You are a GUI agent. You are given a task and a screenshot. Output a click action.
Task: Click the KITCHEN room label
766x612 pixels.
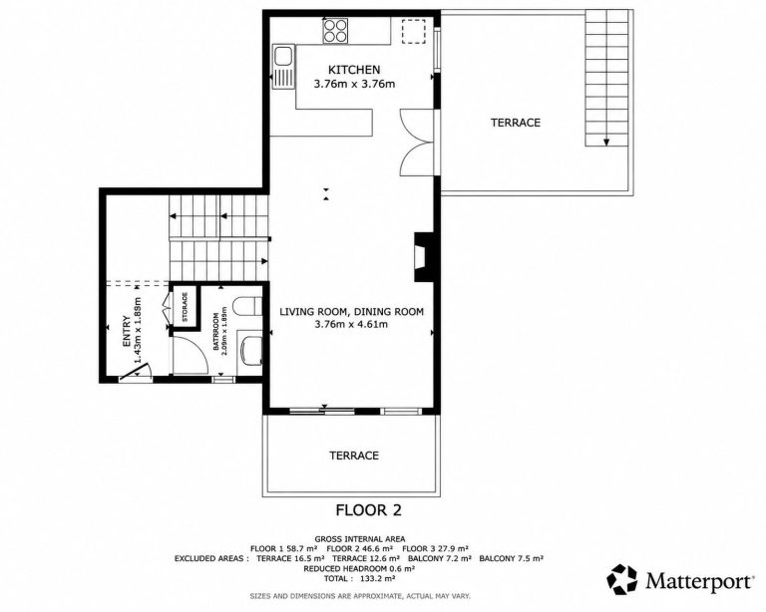tap(354, 70)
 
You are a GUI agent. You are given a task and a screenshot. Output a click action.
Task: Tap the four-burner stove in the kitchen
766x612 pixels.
tap(335, 30)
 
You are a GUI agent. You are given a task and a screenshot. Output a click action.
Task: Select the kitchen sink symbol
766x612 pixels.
tap(283, 67)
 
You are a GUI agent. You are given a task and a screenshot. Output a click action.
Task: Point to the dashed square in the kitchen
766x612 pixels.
tap(414, 31)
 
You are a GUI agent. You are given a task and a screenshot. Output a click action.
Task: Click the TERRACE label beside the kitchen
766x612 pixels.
tap(516, 123)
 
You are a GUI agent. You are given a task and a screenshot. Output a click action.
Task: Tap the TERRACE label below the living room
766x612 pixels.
tap(354, 456)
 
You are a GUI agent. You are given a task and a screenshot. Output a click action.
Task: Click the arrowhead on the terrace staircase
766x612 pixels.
tap(606, 142)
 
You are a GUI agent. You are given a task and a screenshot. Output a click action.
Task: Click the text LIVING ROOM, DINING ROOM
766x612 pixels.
tap(351, 311)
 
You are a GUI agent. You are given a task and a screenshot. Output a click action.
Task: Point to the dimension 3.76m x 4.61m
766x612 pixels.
tap(351, 324)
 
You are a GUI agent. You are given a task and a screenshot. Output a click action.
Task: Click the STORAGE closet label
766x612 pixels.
tap(185, 307)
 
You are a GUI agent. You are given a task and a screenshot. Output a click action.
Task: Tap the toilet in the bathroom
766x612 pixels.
tap(247, 306)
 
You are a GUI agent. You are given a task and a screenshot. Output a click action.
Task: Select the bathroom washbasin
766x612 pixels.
tap(251, 350)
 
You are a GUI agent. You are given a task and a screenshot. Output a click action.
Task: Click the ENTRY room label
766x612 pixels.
tap(127, 331)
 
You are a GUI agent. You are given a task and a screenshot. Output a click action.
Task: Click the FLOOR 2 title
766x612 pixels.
tap(368, 510)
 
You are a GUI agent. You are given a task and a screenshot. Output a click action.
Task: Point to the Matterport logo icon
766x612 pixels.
tap(622, 579)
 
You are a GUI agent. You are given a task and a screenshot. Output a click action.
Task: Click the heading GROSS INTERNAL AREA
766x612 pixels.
tap(359, 539)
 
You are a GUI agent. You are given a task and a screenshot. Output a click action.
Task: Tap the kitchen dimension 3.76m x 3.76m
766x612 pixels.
tap(354, 84)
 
